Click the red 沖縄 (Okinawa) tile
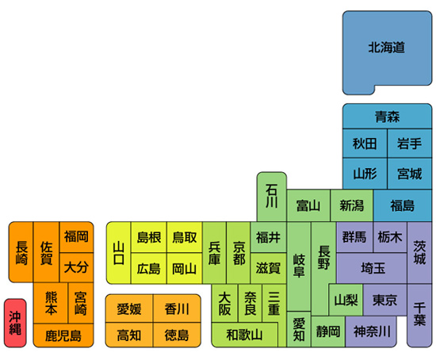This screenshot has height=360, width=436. [15, 323]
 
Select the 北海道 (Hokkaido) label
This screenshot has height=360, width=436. [387, 48]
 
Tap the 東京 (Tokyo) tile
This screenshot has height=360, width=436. [384, 300]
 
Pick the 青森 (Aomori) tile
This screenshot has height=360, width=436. [387, 117]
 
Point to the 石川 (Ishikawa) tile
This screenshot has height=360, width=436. [272, 197]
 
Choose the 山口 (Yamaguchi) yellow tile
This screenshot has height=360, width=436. [119, 253]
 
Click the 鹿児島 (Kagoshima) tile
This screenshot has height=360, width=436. [63, 335]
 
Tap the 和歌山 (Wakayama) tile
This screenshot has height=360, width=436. [245, 335]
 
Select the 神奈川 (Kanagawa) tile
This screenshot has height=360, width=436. [371, 331]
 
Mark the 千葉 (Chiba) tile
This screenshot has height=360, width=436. [419, 316]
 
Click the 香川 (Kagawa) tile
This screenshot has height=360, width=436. [177, 308]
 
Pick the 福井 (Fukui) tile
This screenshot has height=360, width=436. [268, 237]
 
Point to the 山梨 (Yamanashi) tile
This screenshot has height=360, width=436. [346, 300]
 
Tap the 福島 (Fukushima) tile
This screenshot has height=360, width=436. [403, 205]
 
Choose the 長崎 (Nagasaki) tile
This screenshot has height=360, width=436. [21, 252]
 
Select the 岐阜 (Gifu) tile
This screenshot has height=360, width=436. [299, 266]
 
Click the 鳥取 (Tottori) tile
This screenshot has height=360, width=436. [185, 237]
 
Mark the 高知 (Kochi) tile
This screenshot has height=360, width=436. [129, 335]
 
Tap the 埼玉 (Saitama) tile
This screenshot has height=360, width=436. [373, 269]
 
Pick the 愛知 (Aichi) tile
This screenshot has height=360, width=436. [299, 329]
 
